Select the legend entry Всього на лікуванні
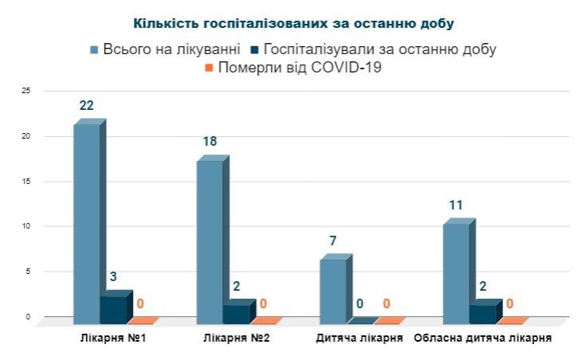pyautogui.click(x=165, y=49)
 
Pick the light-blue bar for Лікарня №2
pyautogui.click(x=210, y=239)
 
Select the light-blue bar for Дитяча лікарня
pyautogui.click(x=334, y=288)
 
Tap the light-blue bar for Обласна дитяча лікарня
pyautogui.click(x=457, y=270)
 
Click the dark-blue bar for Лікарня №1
pyautogui.click(x=113, y=309)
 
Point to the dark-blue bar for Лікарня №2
pyautogui.click(x=237, y=313)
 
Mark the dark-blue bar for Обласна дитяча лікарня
pyautogui.click(x=483, y=313)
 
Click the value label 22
pyautogui.click(x=87, y=106)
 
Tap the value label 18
pyautogui.click(x=210, y=142)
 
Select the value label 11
pyautogui.click(x=457, y=205)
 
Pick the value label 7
pyautogui.click(x=334, y=241)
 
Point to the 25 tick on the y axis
pyautogui.click(x=26, y=92)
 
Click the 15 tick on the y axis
pyautogui.click(x=26, y=182)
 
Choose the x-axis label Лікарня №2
pyautogui.click(x=236, y=338)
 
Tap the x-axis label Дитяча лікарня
pyautogui.click(x=359, y=338)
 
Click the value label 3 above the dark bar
pyautogui.click(x=113, y=277)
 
